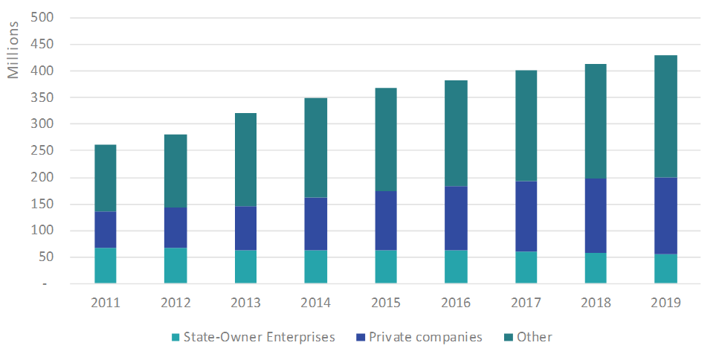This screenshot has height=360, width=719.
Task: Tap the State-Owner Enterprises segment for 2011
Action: click(x=105, y=266)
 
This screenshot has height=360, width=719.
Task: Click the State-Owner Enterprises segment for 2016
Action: click(x=456, y=267)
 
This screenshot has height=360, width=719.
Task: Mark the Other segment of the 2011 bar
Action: click(x=105, y=179)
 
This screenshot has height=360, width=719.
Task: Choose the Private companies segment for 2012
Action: click(x=175, y=228)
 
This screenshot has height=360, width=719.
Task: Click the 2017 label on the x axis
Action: click(x=526, y=303)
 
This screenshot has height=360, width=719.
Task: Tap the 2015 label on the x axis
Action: click(x=385, y=303)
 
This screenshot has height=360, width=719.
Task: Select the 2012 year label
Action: click(x=175, y=303)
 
